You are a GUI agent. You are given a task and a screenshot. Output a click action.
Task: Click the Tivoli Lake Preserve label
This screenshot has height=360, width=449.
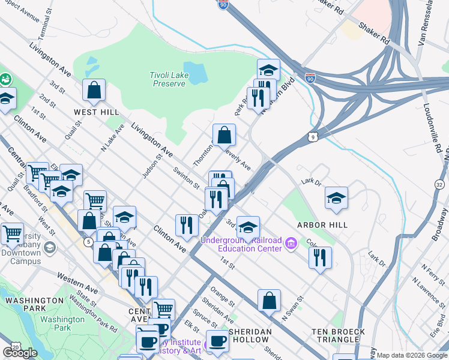click(x=167, y=79)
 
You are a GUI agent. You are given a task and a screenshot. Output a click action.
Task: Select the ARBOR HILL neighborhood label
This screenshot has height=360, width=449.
click(x=323, y=225)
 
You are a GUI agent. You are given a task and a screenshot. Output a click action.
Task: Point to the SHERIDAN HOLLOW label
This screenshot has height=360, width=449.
click(x=243, y=335)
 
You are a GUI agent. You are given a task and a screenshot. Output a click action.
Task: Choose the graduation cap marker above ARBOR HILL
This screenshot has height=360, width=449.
click(x=336, y=197)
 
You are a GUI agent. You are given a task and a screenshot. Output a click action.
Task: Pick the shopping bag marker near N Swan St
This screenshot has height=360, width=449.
click(x=270, y=301)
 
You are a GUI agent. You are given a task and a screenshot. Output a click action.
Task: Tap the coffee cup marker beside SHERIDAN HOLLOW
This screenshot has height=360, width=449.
click(x=217, y=341)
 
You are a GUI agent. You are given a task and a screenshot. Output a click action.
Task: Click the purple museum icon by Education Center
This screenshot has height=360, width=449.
click(x=292, y=244)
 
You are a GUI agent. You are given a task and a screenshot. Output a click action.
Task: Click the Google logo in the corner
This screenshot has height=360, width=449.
click(x=20, y=353)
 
